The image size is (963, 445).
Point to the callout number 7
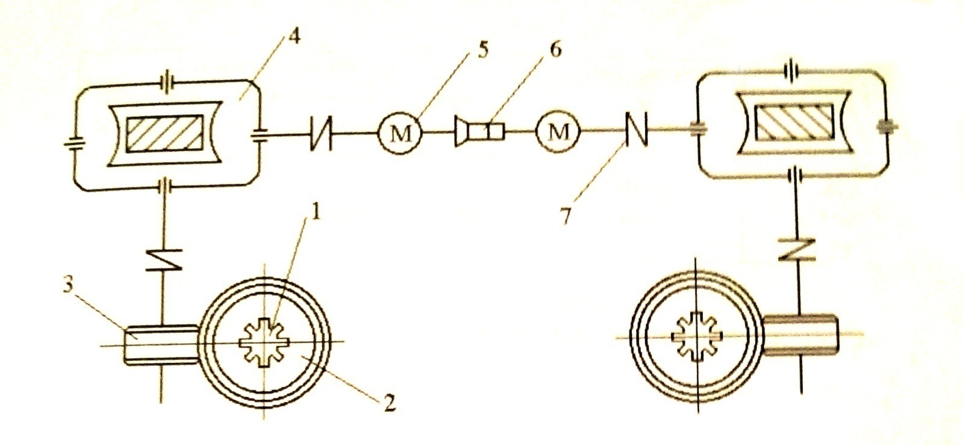pos(565,215)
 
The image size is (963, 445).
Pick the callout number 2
pos(390,403)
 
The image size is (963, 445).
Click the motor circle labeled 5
pos(400,133)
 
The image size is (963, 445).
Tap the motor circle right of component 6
pos(557,131)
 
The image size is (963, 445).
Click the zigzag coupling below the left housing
pos(163,259)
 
